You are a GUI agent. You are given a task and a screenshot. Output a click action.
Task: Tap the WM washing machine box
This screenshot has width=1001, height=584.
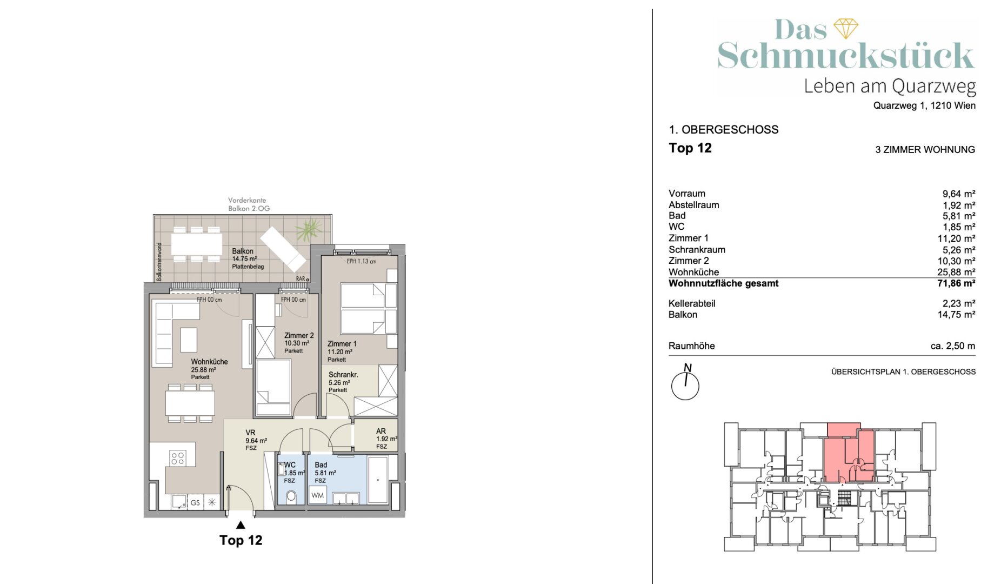[x=318, y=495]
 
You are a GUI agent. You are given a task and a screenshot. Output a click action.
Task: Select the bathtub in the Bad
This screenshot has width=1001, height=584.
[x=378, y=480]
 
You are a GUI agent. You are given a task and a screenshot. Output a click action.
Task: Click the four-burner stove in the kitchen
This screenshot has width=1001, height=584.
[x=178, y=459]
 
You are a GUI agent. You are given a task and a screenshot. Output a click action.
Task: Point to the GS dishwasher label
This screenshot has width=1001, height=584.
[x=195, y=503]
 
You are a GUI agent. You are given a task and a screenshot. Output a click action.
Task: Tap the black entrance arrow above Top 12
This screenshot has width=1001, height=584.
[x=241, y=525]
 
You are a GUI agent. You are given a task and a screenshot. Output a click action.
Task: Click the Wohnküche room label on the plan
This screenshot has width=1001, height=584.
[x=209, y=362]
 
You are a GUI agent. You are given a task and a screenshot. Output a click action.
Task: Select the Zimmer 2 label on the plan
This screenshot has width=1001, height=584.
[x=299, y=335]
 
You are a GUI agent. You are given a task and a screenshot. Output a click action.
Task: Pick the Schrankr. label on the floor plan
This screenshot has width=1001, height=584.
[x=343, y=374]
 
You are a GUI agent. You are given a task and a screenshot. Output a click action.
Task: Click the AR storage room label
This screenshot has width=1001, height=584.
[x=381, y=431]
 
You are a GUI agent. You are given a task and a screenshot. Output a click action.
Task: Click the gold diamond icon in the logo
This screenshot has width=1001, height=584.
[x=846, y=29]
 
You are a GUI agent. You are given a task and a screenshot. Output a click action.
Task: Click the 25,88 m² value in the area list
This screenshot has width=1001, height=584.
[x=956, y=272]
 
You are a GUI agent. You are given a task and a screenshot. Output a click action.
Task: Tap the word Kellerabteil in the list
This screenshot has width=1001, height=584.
[x=692, y=303]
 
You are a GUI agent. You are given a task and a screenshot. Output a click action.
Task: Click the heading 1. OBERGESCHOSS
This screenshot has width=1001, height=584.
[x=724, y=130]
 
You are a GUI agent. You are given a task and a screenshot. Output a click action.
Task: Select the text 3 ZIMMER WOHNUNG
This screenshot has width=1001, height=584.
[x=925, y=150]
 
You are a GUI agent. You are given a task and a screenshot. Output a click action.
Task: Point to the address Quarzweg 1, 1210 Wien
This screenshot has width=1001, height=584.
[x=924, y=105]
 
